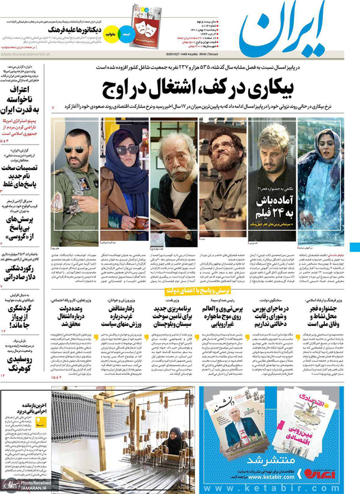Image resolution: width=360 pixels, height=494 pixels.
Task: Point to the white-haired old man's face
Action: point(176,155)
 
